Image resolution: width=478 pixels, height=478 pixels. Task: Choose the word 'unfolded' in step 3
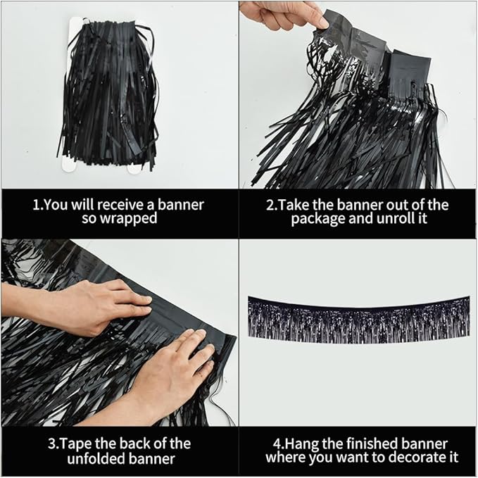coord(88,458)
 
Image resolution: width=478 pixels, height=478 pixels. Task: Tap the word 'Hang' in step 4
coord(303,444)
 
